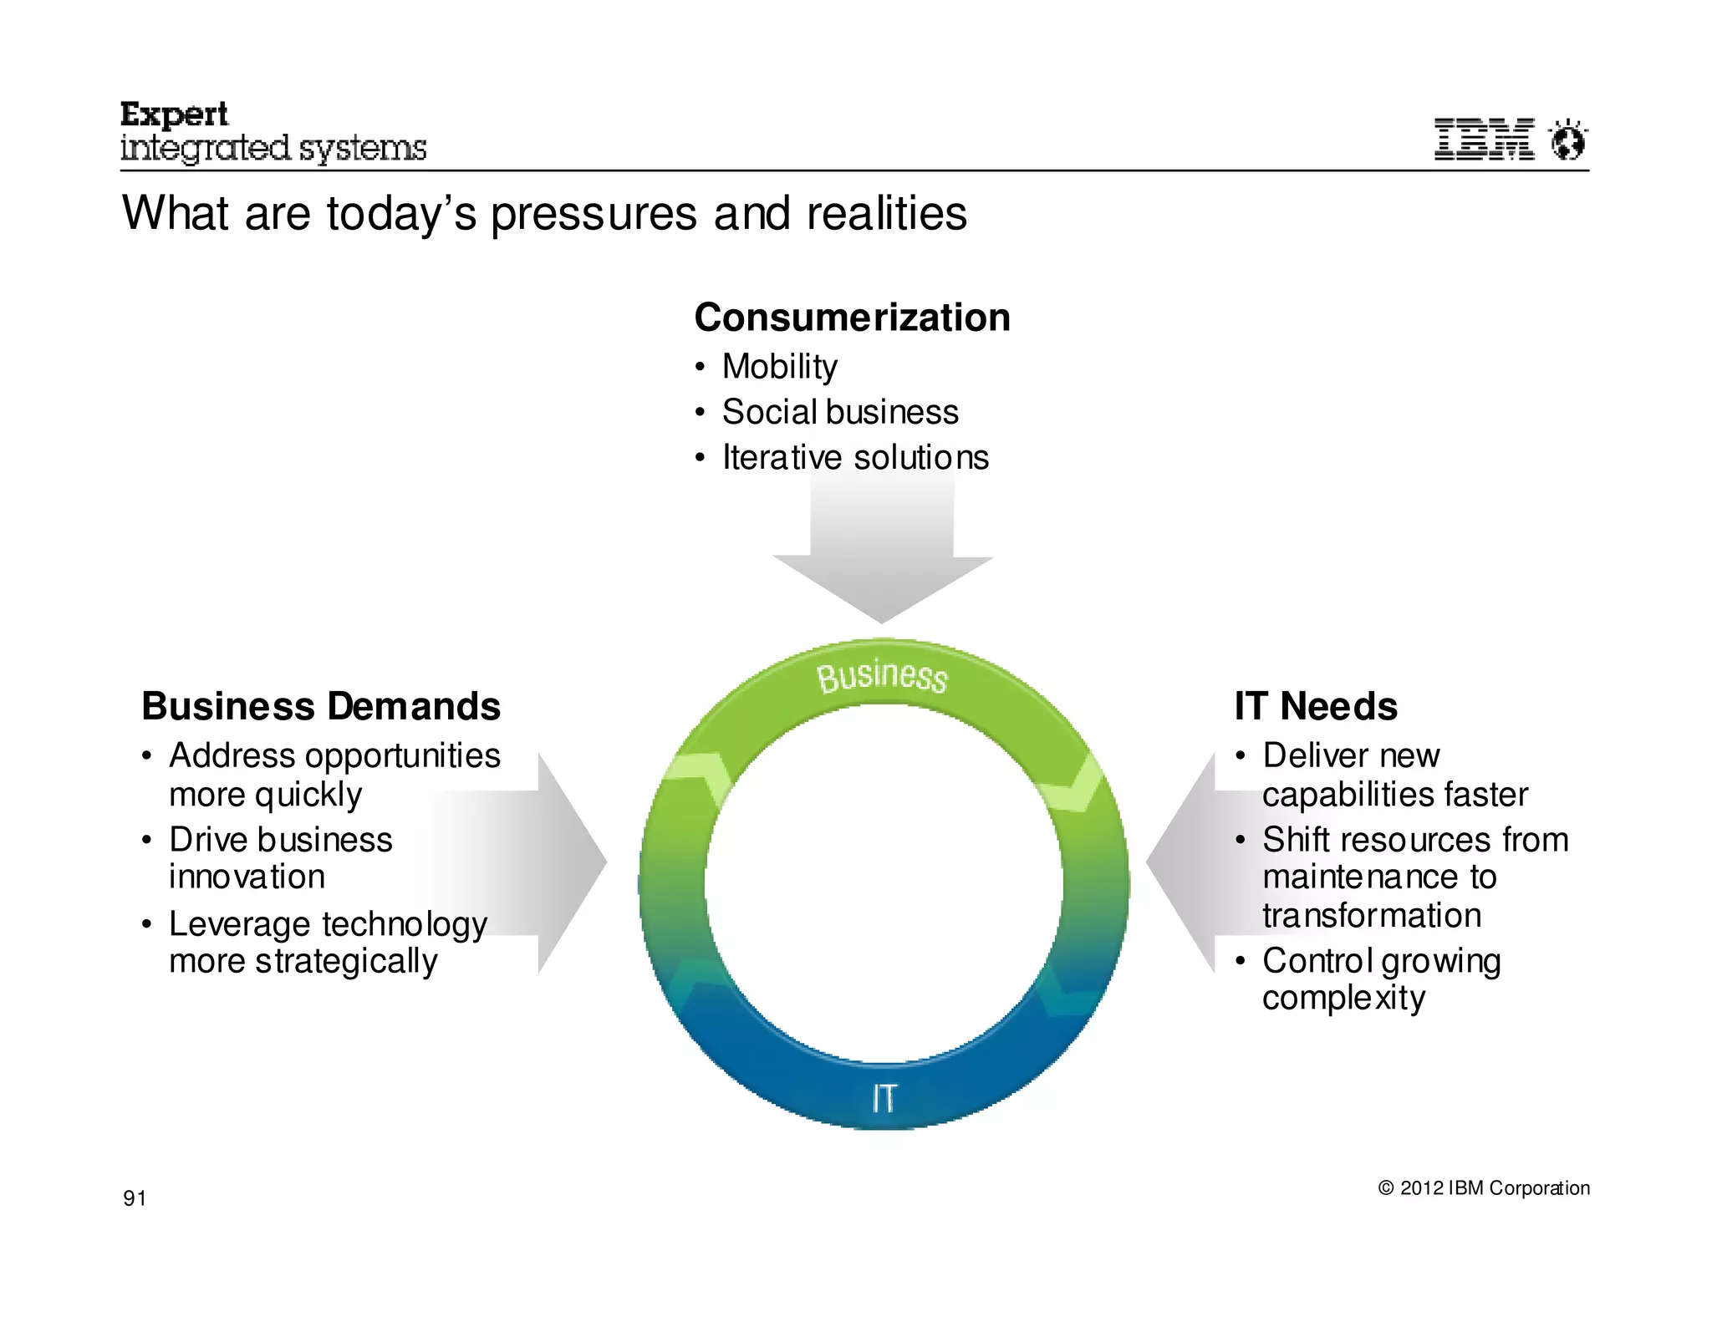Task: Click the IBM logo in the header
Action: pos(1484,140)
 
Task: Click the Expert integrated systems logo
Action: pos(273,133)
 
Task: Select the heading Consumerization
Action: pos(852,318)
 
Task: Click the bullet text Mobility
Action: pos(779,366)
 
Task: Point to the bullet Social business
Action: pos(839,412)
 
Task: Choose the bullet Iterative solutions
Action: pos(854,457)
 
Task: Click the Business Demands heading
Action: pos(321,706)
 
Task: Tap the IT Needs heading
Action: pos(1316,706)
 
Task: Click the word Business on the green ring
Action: pos(882,676)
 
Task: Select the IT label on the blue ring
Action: pos(884,1097)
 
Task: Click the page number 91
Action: pos(135,1198)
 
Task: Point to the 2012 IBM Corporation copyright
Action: pos(1484,1188)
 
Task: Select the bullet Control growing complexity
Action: pos(1381,979)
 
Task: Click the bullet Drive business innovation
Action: pos(280,858)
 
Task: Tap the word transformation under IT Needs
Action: pos(1371,916)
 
